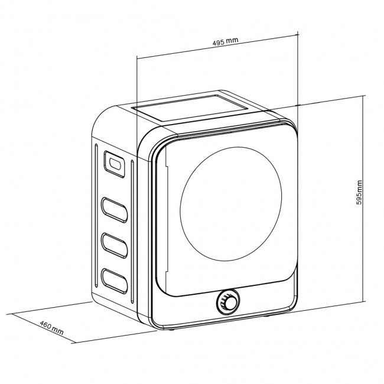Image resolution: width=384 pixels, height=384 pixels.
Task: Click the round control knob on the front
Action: pos(227,303)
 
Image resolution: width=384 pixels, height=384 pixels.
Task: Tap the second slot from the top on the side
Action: pos(115,209)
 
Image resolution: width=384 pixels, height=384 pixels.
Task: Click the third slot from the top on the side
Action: pos(115,243)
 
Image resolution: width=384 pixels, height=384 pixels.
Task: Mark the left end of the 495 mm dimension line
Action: pos(137,57)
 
